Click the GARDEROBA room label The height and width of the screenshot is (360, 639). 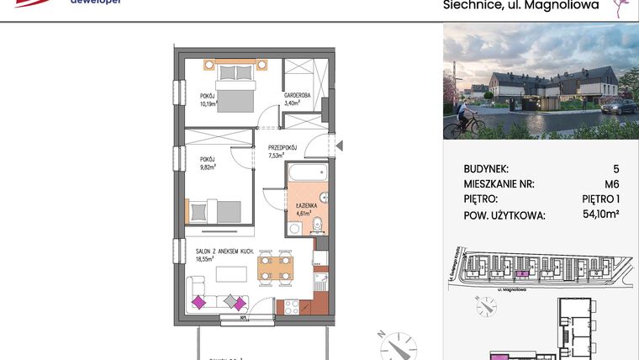pos(298,96)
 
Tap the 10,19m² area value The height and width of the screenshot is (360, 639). pos(210,103)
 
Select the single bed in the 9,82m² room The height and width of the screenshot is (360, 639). pos(217,210)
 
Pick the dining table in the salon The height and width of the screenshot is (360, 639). pos(276,268)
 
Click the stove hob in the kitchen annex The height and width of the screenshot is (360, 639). pos(291,306)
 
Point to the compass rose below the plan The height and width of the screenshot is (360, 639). pos(393,343)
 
